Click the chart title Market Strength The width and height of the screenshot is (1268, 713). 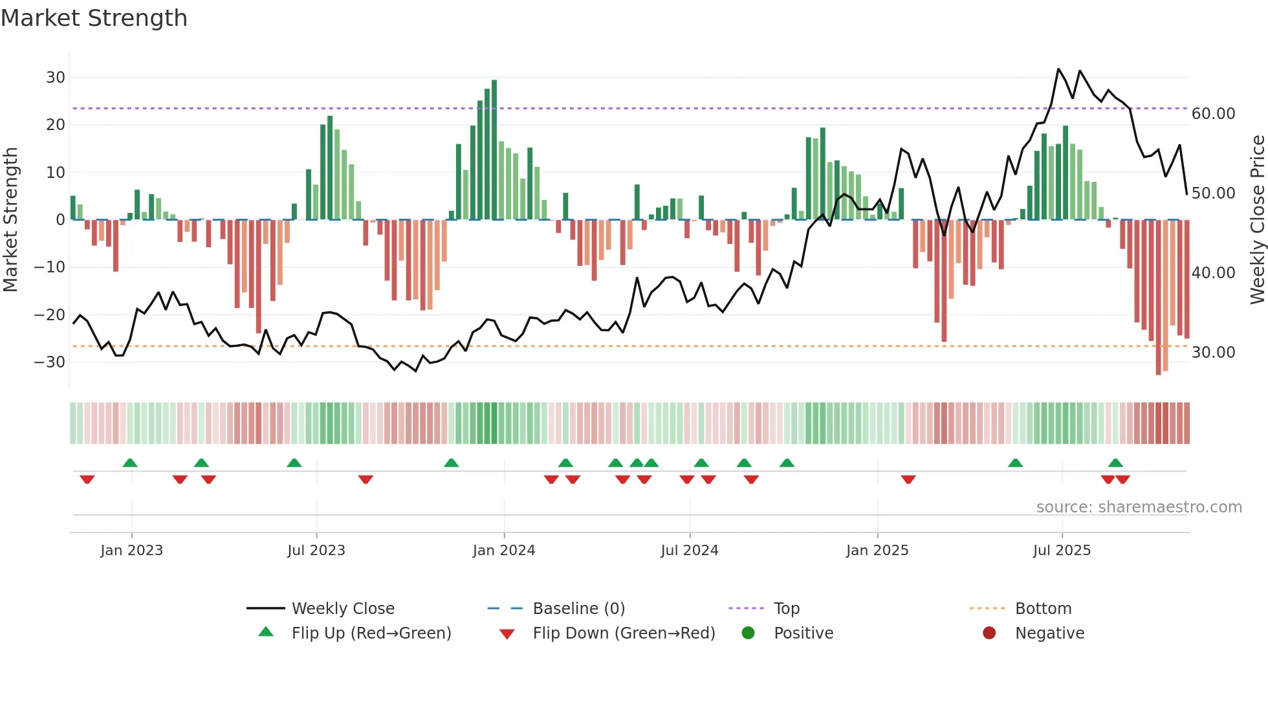point(94,18)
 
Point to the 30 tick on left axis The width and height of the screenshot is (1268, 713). point(56,78)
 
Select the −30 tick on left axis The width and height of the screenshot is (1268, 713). point(50,362)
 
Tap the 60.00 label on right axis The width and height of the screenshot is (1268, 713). point(1213,114)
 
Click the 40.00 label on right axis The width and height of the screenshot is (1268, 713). point(1213,273)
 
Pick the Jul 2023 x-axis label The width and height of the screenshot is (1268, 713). point(316,551)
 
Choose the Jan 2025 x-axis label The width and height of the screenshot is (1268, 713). point(877,551)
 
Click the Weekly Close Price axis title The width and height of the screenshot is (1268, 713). point(1257,220)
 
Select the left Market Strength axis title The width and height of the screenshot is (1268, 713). point(11,220)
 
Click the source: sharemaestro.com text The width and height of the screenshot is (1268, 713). point(1139,507)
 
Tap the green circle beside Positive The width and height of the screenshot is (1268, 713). point(749,633)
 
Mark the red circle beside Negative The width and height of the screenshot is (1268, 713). point(989,633)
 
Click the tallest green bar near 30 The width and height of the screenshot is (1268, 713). point(494,149)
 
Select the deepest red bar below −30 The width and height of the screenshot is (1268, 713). point(1158,298)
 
